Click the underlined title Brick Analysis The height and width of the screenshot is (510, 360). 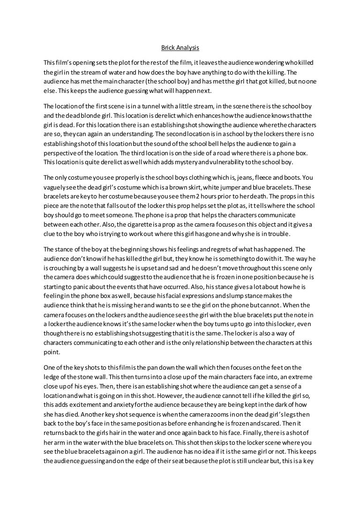point(180,47)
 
